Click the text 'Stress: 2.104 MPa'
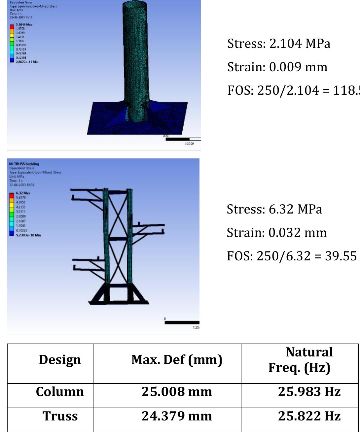(x=279, y=44)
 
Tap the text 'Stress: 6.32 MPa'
(x=274, y=209)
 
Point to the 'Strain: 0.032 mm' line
(x=276, y=233)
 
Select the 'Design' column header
(x=60, y=360)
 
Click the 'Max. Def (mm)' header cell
(x=177, y=360)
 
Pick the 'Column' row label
(x=60, y=392)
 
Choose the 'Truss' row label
(x=60, y=416)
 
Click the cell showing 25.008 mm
(x=177, y=392)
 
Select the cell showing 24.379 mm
(x=177, y=416)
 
